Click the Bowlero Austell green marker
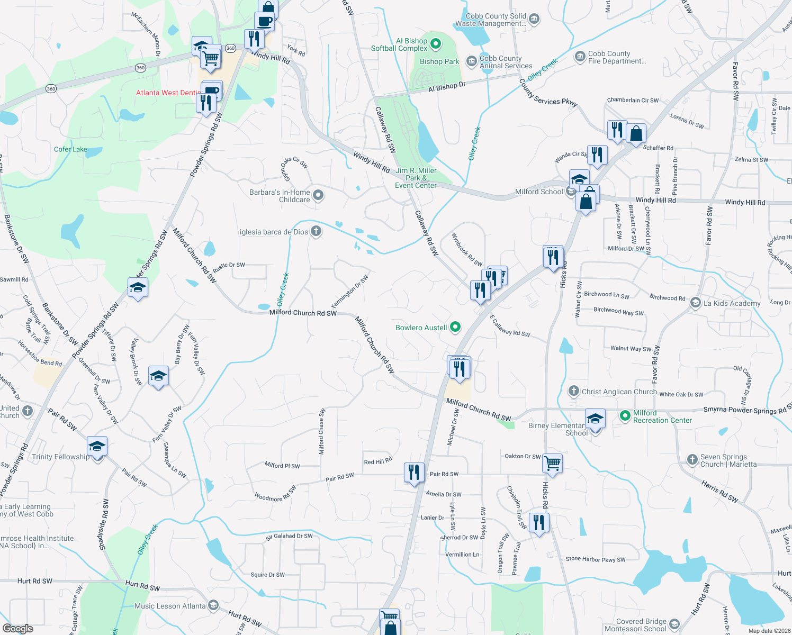pos(455,328)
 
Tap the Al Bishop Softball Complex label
pos(399,44)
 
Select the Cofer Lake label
pos(70,149)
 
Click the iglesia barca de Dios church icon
pos(316,231)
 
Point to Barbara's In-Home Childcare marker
pos(318,195)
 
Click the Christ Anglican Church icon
pos(573,391)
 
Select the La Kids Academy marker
pos(695,303)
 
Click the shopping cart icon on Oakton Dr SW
pos(552,463)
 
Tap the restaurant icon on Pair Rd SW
pos(414,471)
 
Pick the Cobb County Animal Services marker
pos(471,61)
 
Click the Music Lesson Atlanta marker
pos(213,605)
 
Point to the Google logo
pos(17,629)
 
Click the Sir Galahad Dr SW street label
pos(289,536)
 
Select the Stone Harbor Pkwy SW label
pos(595,559)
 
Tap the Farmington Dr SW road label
pos(349,291)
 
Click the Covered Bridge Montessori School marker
pos(674,624)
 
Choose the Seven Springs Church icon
pos(692,460)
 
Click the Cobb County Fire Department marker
pos(580,56)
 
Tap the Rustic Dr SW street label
pos(229,265)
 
